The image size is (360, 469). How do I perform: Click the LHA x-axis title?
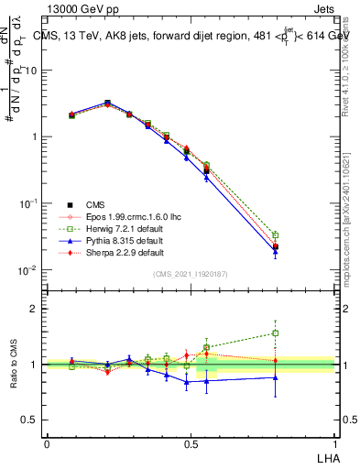pos(326,456)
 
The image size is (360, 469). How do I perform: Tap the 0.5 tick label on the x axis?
pos(191,442)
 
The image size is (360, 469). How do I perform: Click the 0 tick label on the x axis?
pos(47,442)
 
